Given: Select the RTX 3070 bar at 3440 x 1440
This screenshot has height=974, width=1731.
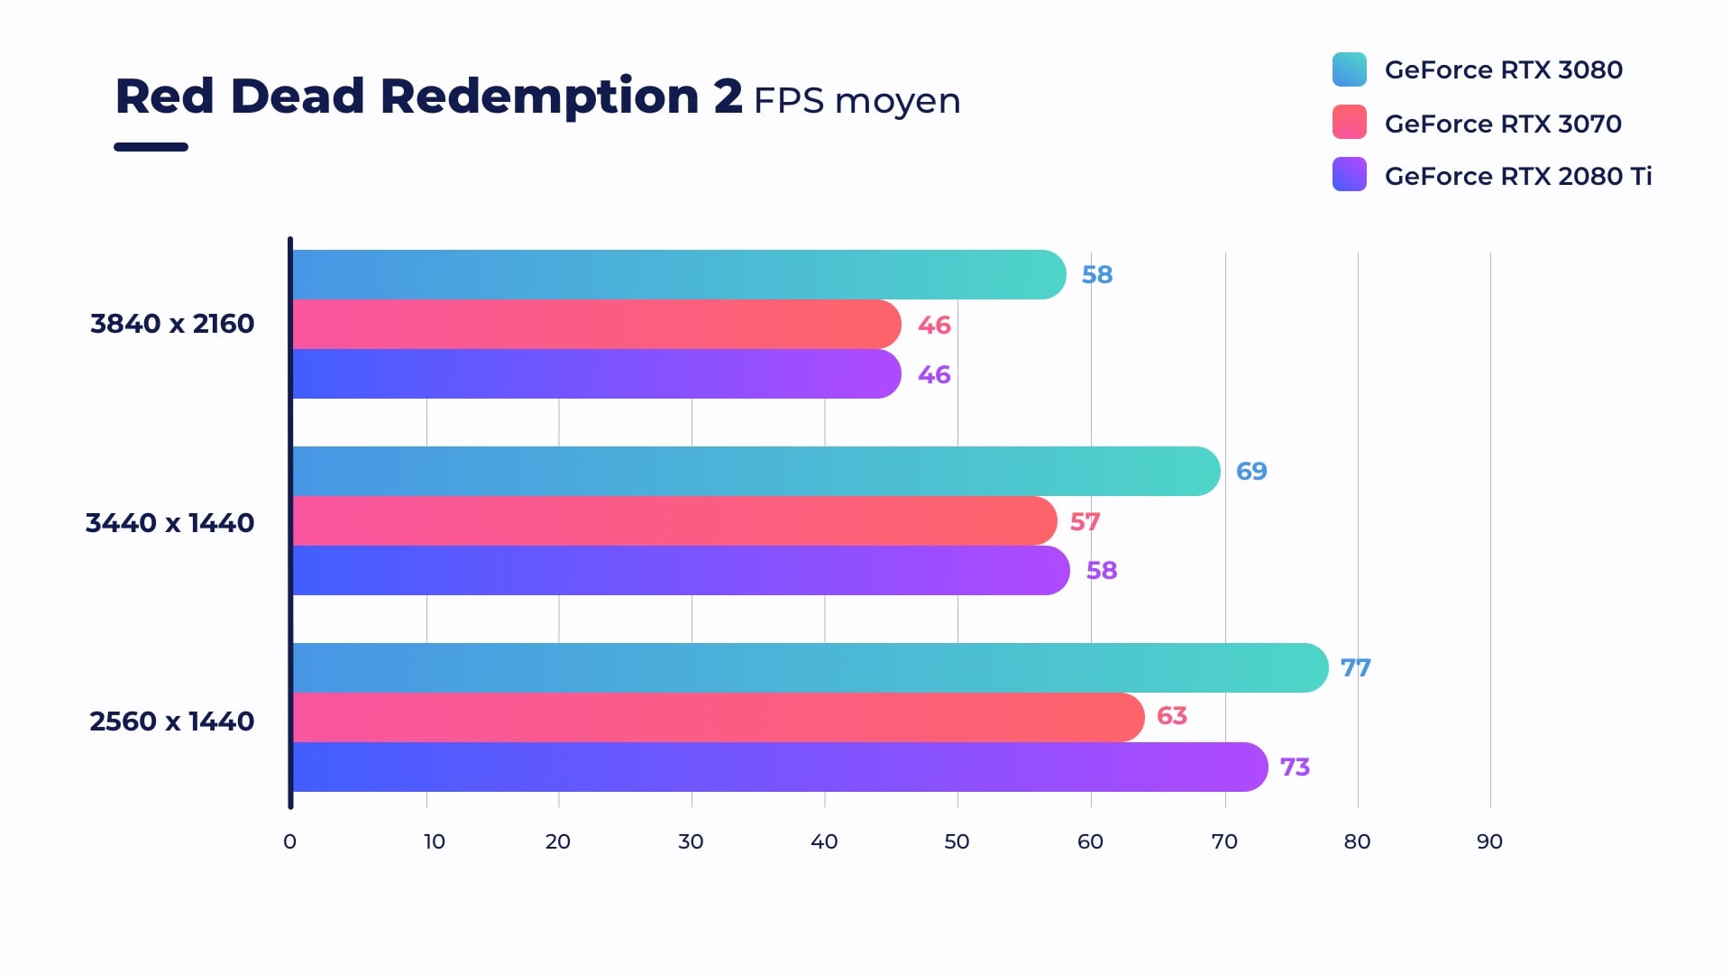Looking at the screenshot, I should (673, 521).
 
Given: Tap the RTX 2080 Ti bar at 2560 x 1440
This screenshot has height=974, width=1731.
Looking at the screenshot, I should (779, 767).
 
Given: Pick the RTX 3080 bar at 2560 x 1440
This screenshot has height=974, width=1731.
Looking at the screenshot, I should (810, 668).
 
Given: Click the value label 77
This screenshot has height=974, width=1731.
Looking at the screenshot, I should (1355, 668).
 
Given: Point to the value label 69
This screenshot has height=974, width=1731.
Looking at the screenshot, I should (1251, 472).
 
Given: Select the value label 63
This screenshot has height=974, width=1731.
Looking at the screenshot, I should (1171, 716).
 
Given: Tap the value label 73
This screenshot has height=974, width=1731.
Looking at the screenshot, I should (1295, 767).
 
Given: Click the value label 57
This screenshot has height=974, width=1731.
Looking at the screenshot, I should (1085, 522).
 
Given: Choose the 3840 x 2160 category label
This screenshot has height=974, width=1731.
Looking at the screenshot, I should (172, 324).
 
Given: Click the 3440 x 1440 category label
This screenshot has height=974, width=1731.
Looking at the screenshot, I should (169, 523).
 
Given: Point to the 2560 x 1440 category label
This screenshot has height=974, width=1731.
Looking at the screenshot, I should (171, 721).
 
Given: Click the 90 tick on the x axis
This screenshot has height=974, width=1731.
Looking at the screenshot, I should (1489, 841).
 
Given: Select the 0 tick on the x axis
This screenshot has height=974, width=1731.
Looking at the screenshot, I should (289, 841).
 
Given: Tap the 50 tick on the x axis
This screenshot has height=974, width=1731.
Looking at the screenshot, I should (957, 841).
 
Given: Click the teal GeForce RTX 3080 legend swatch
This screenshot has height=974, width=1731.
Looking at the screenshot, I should (1349, 69).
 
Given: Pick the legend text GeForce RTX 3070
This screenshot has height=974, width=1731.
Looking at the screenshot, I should (1503, 124).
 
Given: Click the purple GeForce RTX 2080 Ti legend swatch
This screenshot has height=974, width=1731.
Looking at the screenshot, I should (1349, 175).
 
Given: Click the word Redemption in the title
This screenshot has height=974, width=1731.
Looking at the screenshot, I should (539, 97).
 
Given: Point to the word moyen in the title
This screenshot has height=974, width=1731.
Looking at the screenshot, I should (897, 101).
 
